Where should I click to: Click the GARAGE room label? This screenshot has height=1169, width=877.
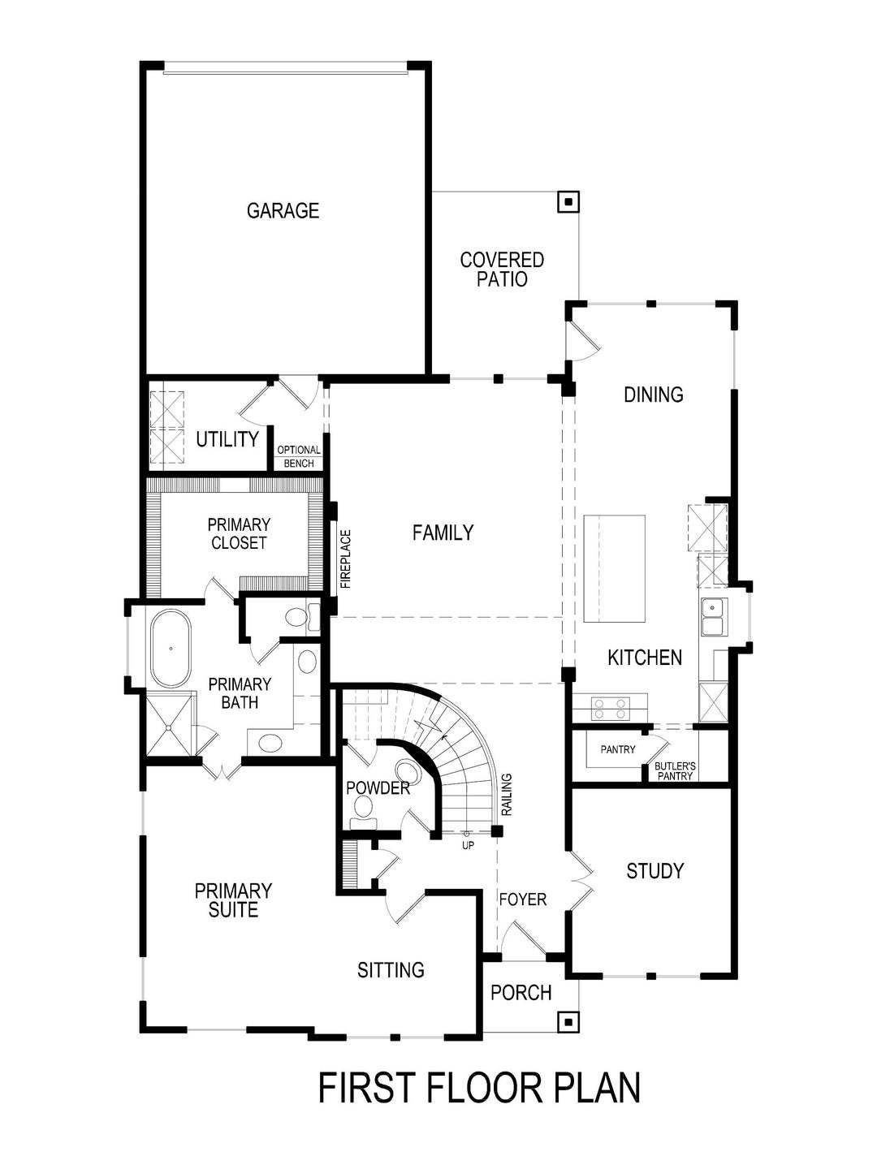coord(283,211)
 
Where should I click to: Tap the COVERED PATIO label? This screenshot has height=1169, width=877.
coord(502,270)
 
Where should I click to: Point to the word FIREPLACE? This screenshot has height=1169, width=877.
coord(345,559)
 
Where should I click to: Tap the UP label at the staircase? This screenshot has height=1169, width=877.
coord(468,844)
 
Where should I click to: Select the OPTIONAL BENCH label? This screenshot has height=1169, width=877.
coord(299,457)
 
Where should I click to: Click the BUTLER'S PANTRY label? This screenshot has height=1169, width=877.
coord(675,771)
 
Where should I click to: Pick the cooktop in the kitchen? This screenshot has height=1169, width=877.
coord(610,708)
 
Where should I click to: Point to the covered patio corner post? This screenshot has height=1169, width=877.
coord(569,201)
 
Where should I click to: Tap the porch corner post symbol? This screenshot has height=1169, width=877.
coord(569,1021)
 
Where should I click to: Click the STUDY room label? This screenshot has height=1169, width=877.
coord(655,871)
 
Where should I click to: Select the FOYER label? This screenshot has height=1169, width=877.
coord(522,899)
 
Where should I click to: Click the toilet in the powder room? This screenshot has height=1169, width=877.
coord(365,809)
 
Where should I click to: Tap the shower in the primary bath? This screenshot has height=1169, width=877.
coord(170,724)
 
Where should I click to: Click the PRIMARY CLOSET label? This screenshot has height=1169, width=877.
coord(239,534)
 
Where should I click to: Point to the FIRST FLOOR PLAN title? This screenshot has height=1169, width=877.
coord(479,1088)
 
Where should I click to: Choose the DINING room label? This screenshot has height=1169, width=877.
coord(653,395)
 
